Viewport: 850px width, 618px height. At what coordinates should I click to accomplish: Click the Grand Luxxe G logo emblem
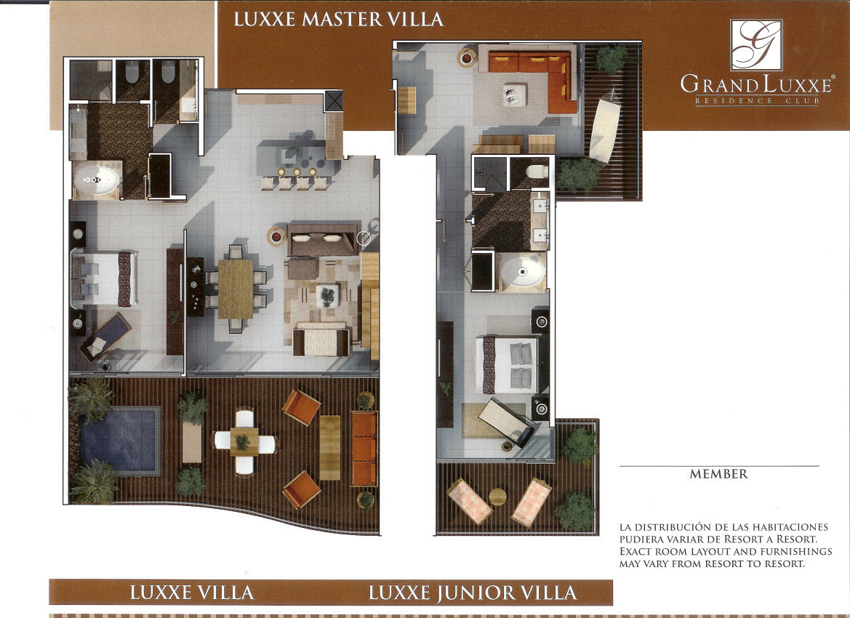coord(755,44)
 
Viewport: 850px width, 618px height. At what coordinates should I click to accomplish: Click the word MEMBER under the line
coord(719,474)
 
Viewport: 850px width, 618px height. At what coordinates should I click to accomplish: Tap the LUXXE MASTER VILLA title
coord(339,20)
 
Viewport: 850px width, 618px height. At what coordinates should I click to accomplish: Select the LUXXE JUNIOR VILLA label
coord(473,593)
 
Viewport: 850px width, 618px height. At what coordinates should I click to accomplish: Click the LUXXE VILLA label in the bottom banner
coord(192,593)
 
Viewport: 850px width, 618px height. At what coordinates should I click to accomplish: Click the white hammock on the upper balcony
coord(604,127)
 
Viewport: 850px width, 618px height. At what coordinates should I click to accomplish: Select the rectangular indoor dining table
coord(236,289)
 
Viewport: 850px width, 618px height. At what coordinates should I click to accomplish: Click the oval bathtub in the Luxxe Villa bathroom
coord(97,180)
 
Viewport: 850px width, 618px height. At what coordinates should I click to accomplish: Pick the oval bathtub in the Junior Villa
coord(523,271)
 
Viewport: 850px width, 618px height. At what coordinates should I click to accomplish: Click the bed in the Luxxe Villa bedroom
coord(104,278)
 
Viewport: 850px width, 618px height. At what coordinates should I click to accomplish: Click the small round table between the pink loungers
coord(497,497)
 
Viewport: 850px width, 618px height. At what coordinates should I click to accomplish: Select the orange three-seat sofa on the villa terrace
coord(364,449)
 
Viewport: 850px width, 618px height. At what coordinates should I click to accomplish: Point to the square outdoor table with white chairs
coord(244,442)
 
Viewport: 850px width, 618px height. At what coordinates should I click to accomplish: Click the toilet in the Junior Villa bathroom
coord(537,172)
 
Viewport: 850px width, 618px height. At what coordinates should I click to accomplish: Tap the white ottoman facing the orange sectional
coord(515,95)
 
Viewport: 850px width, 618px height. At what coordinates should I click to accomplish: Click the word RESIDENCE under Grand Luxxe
coord(728,101)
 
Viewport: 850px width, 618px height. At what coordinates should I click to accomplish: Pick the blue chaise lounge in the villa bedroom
coord(105,337)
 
